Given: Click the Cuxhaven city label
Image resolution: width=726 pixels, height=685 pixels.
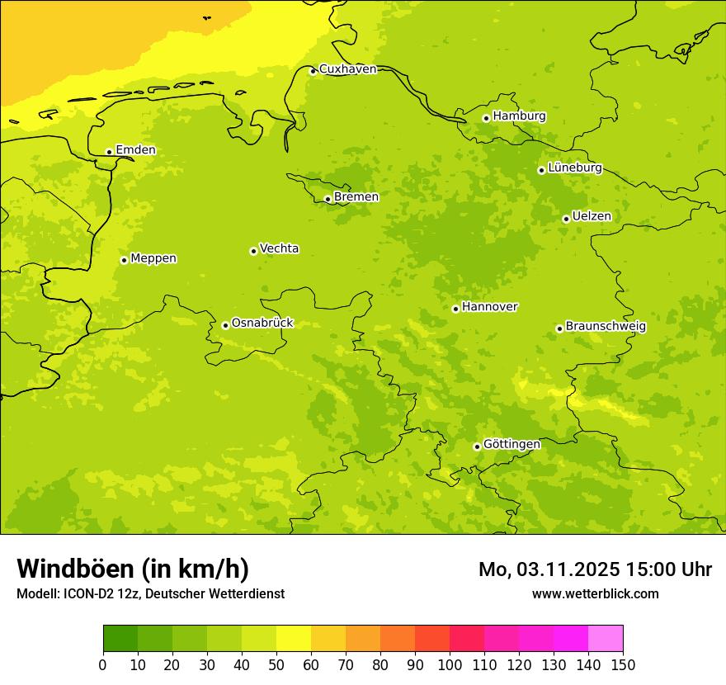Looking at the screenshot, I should pos(347,69).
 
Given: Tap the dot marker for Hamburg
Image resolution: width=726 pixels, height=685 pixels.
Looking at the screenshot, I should pos(486,118).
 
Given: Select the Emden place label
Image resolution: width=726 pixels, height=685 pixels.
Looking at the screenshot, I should pos(135,150).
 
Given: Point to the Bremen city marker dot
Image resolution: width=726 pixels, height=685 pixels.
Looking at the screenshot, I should pos(328,199).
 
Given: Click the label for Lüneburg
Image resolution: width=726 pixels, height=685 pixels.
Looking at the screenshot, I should pos(575,168).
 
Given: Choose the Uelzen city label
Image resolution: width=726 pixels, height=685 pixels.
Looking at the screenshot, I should pos(592,217).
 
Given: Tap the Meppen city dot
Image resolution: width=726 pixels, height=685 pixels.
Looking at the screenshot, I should pos(124,260).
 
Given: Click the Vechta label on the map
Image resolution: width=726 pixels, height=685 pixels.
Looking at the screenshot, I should pos(279,248).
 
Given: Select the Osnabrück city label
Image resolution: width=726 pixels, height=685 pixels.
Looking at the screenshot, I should pos(262,323).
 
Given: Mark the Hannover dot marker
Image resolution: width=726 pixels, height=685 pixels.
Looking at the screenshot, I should pos(455,309).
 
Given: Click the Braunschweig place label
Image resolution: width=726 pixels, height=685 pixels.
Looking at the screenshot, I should pos(606,327).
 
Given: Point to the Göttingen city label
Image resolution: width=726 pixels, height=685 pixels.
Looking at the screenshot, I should pos(511,444).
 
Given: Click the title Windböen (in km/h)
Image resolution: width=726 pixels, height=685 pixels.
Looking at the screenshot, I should pos(133,569).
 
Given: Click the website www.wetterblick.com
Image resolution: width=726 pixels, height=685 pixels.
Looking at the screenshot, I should pos(595,593).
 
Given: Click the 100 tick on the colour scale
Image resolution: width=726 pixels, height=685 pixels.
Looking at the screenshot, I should pos(450,664).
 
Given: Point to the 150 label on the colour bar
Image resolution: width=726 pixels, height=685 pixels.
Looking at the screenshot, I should pos(623,664).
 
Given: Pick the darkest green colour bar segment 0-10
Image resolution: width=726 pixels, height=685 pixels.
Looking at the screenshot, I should pos(120,638).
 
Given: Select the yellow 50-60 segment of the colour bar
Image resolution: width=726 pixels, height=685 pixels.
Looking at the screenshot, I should pos(294,638).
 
